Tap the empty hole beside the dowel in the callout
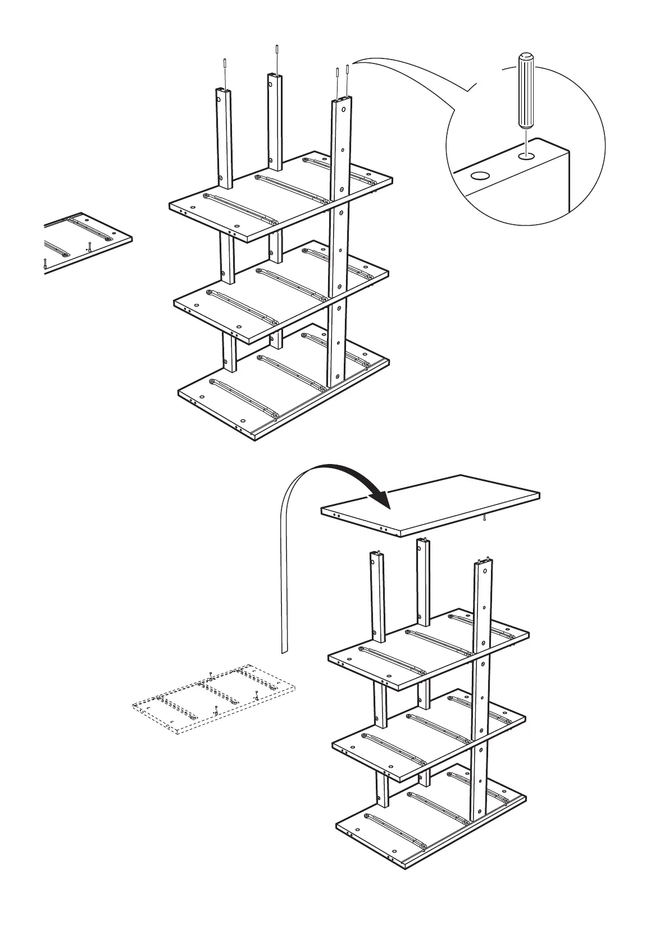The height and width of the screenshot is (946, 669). pos(479,176)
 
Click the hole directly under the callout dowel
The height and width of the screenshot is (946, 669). pos(526,156)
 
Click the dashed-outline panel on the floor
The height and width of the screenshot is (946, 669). pos(213,699)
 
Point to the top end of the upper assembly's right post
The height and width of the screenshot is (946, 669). pos(342,102)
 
